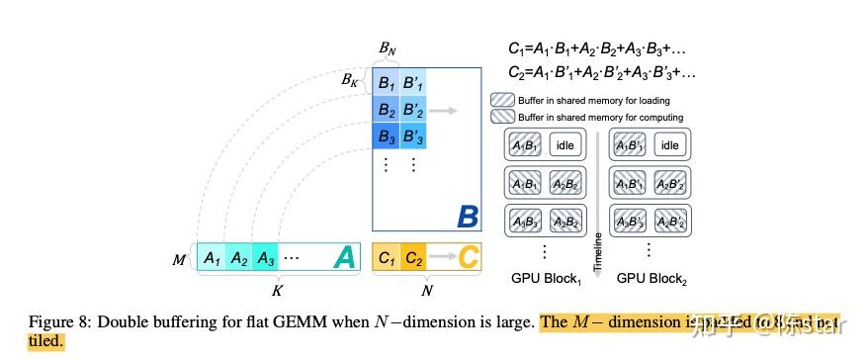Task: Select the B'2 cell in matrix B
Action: (413, 108)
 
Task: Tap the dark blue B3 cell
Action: (386, 134)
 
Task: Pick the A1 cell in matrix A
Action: (212, 258)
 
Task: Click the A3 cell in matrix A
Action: (266, 258)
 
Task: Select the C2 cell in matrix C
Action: (413, 258)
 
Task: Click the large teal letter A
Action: (343, 257)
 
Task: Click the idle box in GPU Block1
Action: (564, 145)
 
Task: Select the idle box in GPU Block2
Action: (669, 145)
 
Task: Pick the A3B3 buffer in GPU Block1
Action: (525, 221)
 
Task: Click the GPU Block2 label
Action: (651, 279)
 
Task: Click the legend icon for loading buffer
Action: (502, 100)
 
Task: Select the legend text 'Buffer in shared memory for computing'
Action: (600, 117)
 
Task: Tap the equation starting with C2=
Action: (601, 72)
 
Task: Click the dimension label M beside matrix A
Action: (180, 259)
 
